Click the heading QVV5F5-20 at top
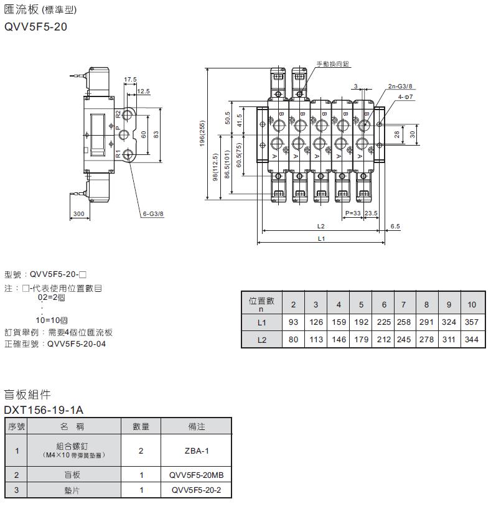coord(35,27)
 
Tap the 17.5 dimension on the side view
coord(130,80)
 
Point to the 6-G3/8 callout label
coord(152,213)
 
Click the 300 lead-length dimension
coord(78,213)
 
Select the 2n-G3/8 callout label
coord(400,86)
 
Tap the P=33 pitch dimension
coord(352,213)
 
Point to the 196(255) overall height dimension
coord(202,134)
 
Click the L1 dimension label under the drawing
coord(321,238)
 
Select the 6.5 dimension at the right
coord(395,227)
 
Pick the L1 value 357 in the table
coord(472,322)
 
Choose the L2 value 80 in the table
coord(294,340)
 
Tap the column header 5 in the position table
coord(361,304)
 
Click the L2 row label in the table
coord(261,340)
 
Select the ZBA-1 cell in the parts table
coord(196,451)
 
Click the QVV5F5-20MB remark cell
coord(196,475)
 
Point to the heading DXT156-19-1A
coord(44,410)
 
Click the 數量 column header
coord(141,427)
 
